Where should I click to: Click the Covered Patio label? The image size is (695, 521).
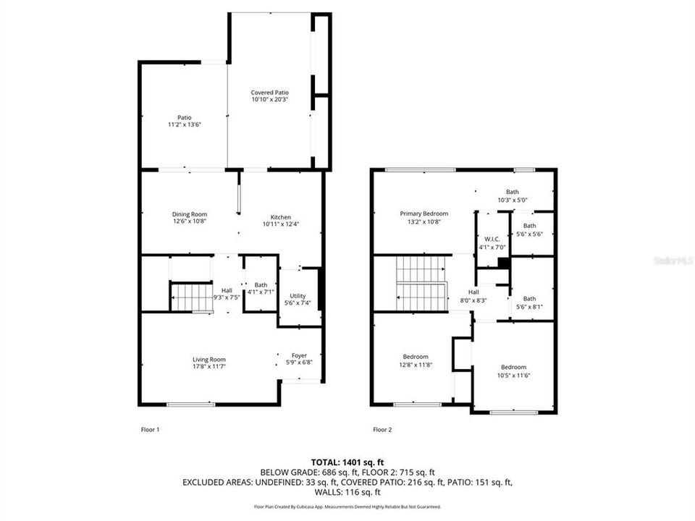pyautogui.click(x=270, y=93)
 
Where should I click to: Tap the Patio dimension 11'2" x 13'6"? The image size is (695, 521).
pyautogui.click(x=185, y=124)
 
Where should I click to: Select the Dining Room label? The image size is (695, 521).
pyautogui.click(x=190, y=214)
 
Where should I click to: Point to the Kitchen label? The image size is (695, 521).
pyautogui.click(x=281, y=217)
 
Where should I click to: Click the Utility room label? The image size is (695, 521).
pyautogui.click(x=298, y=296)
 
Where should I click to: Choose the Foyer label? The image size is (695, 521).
pyautogui.click(x=299, y=355)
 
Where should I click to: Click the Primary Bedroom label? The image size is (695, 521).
pyautogui.click(x=424, y=213)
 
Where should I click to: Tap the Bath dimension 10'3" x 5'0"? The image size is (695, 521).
pyautogui.click(x=512, y=200)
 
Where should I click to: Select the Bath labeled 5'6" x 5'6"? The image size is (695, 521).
pyautogui.click(x=530, y=230)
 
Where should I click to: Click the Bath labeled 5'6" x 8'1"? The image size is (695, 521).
pyautogui.click(x=530, y=302)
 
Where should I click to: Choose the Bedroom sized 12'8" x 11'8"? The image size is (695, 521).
pyautogui.click(x=416, y=360)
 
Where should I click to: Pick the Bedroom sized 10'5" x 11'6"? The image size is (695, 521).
pyautogui.click(x=513, y=370)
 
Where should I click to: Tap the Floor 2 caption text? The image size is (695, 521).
pyautogui.click(x=382, y=430)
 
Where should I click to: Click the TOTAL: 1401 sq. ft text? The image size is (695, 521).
pyautogui.click(x=347, y=461)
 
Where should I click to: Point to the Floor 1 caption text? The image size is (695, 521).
pyautogui.click(x=150, y=430)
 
